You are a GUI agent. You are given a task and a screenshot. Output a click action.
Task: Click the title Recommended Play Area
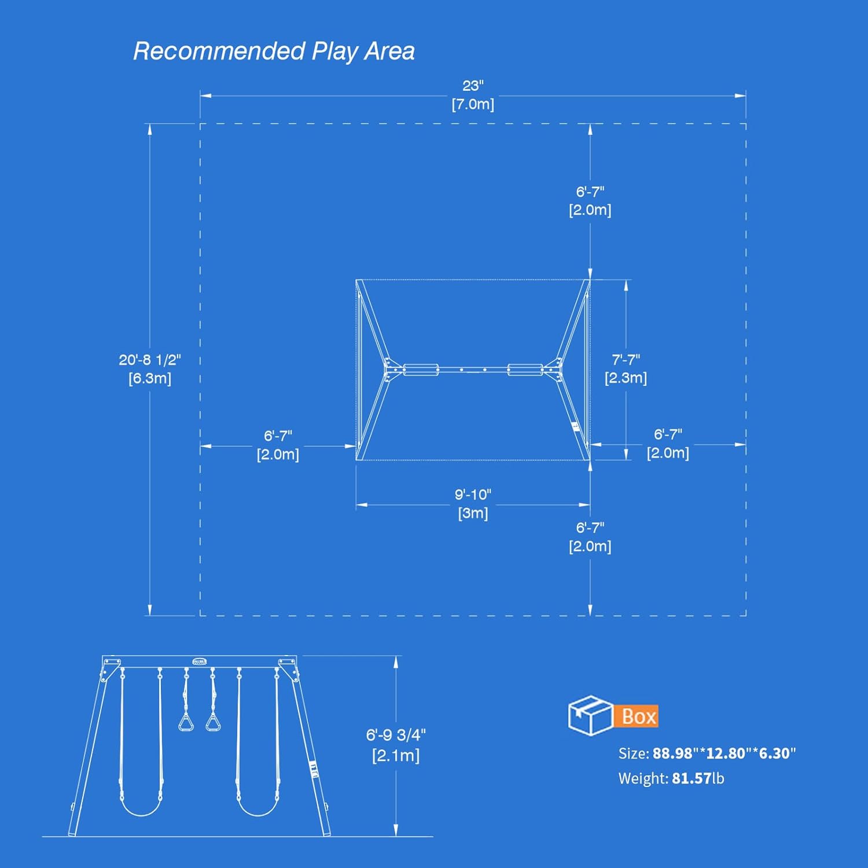pyautogui.click(x=274, y=52)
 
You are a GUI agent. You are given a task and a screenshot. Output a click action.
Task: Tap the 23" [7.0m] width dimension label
pyautogui.click(x=473, y=95)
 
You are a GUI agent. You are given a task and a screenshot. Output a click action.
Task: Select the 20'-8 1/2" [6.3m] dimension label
pyautogui.click(x=150, y=369)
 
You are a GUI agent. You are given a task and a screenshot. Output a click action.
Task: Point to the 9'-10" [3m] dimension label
pyautogui.click(x=473, y=503)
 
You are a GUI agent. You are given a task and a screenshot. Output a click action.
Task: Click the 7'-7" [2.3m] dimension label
pyautogui.click(x=626, y=369)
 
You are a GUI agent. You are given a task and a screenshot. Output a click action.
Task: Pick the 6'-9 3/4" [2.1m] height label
pyautogui.click(x=396, y=745)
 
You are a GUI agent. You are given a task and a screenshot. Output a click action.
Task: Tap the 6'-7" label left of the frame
pyautogui.click(x=278, y=445)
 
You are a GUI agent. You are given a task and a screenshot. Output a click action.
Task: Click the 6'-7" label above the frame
pyautogui.click(x=590, y=201)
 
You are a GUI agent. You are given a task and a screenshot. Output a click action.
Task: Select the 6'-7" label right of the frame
pyautogui.click(x=668, y=443)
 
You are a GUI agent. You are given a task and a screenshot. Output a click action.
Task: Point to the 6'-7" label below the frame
pyautogui.click(x=590, y=536)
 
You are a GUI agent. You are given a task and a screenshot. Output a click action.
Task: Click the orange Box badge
pyautogui.click(x=638, y=716)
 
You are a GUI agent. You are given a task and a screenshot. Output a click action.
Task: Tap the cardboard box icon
pyautogui.click(x=590, y=715)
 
